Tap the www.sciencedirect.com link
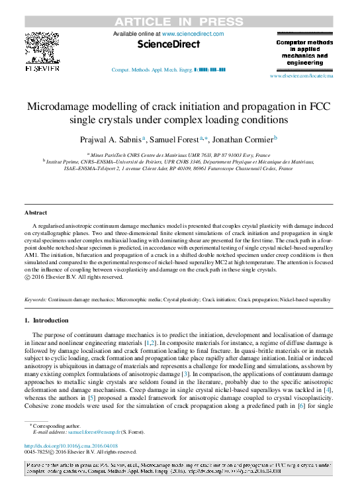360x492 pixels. coord(193,34)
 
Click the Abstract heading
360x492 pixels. coord(36,213)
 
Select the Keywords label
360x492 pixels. coord(35,300)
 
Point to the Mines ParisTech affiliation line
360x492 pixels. coord(179,153)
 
